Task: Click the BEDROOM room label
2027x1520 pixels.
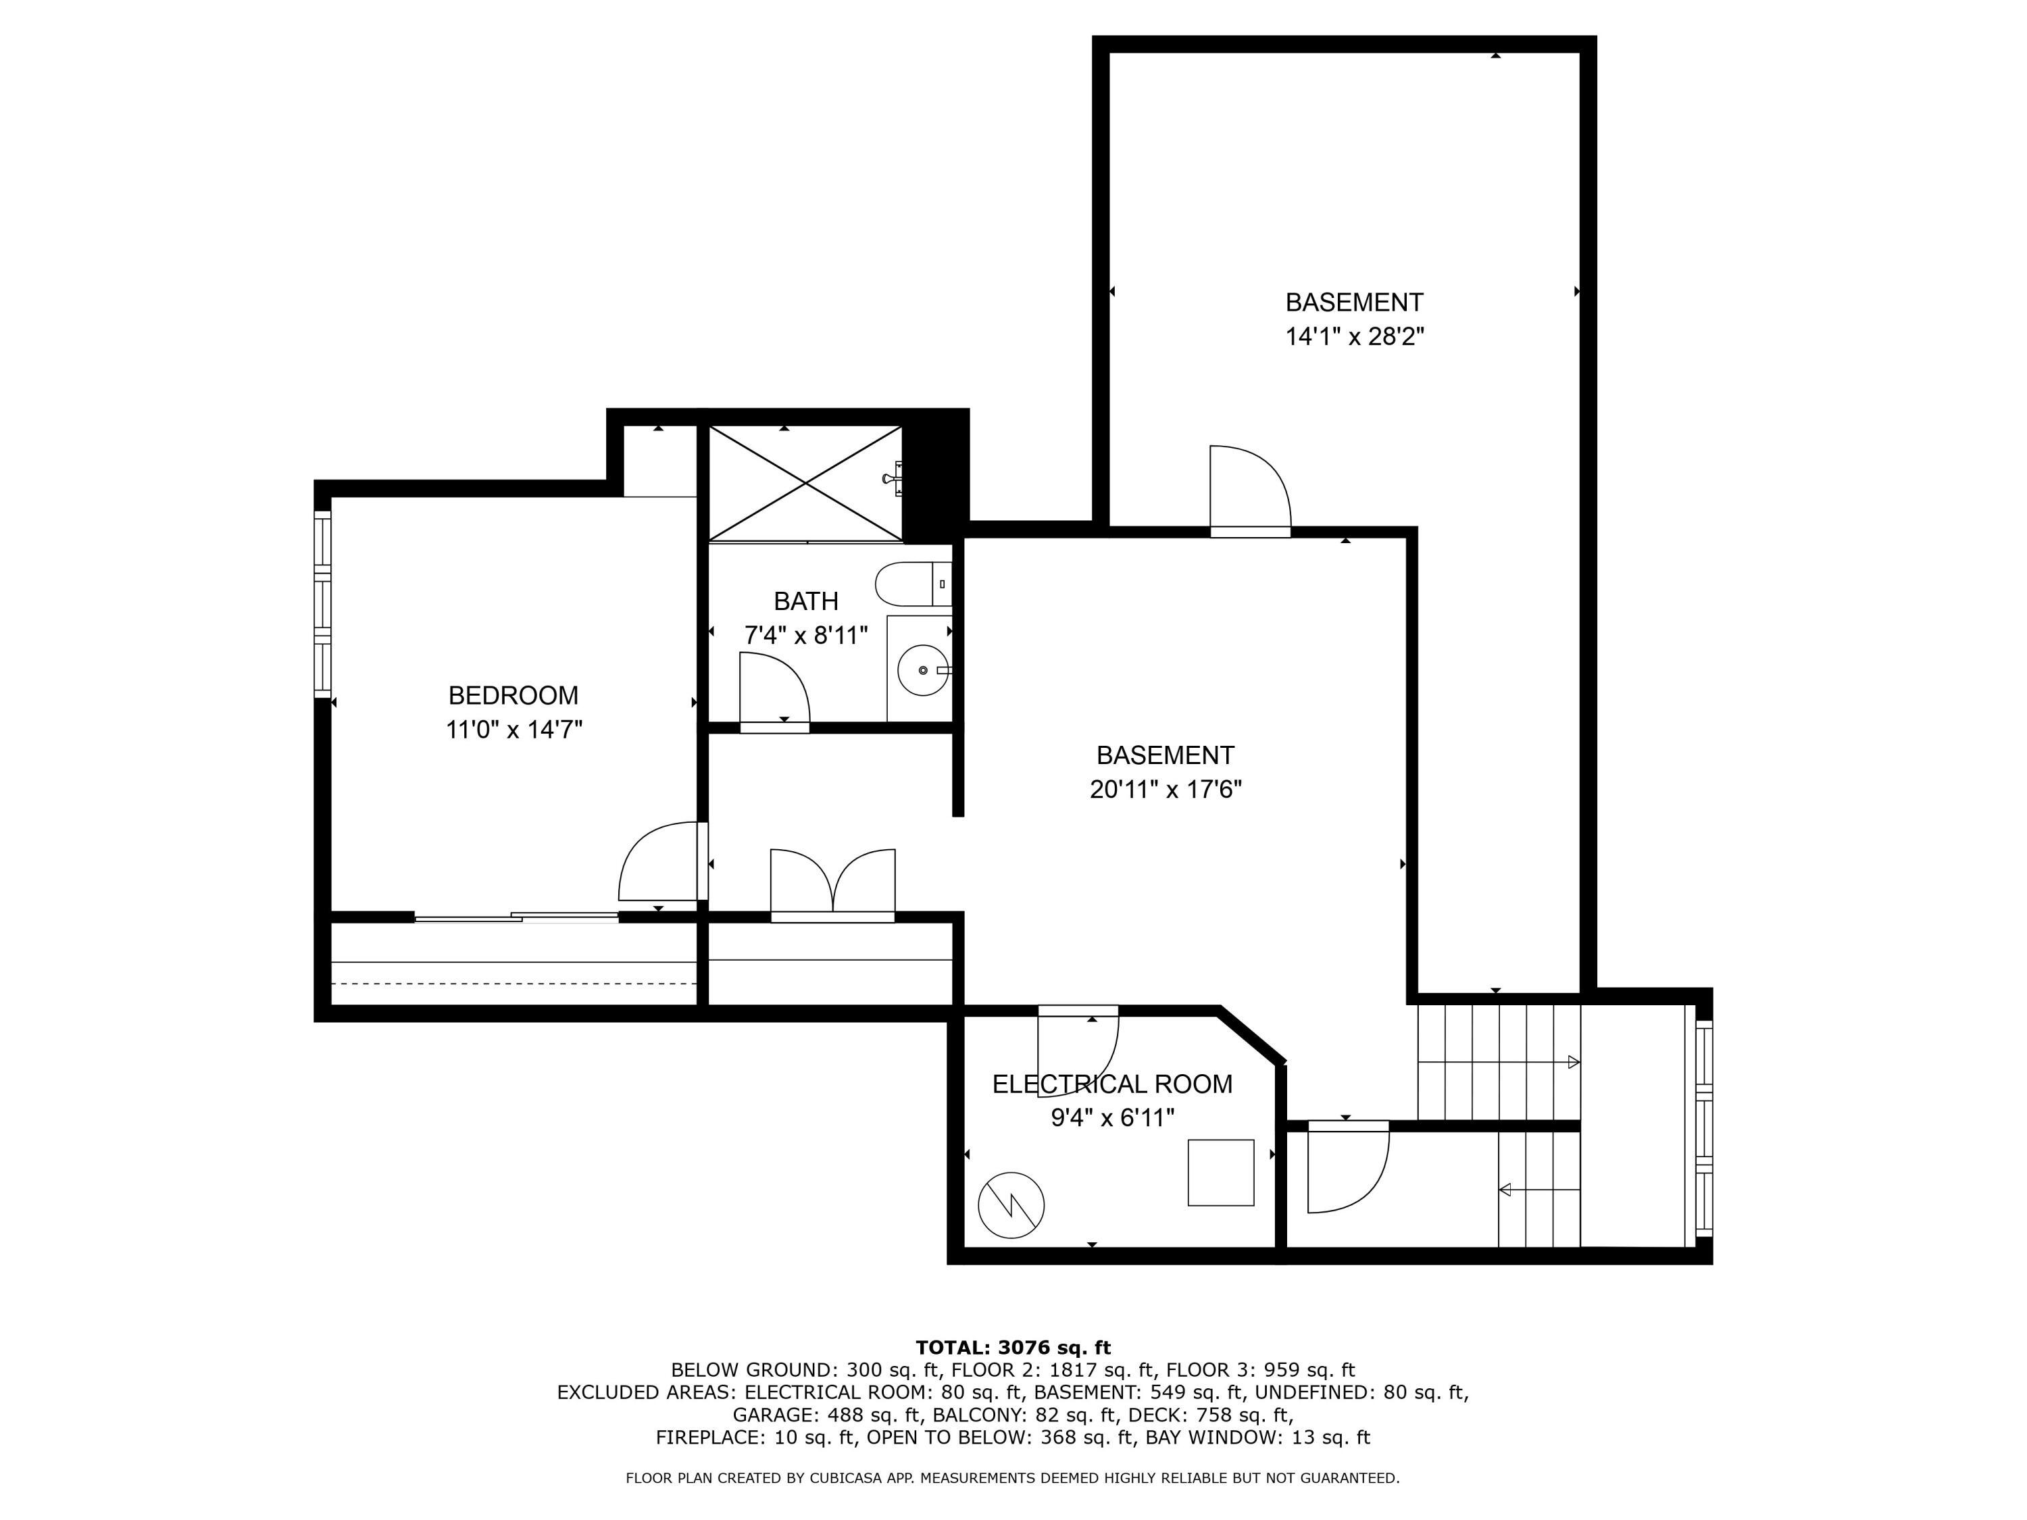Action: [x=513, y=695]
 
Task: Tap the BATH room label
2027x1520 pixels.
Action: [x=805, y=601]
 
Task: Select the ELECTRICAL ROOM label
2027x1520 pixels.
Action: [x=1111, y=1084]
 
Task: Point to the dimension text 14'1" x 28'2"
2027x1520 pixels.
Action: [x=1355, y=336]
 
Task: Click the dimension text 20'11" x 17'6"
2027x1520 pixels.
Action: [x=1166, y=789]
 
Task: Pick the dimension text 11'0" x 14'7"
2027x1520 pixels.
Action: [x=514, y=730]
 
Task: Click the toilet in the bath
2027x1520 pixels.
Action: [x=914, y=584]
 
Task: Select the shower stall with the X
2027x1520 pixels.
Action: [x=805, y=483]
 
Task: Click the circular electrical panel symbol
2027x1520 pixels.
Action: [x=1011, y=1205]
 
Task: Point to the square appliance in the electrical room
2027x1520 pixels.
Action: [x=1221, y=1173]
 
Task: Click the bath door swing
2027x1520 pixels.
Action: [x=774, y=692]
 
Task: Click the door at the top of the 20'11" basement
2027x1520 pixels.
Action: [x=1250, y=491]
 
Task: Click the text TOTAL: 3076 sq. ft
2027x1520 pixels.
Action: [x=1013, y=1348]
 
